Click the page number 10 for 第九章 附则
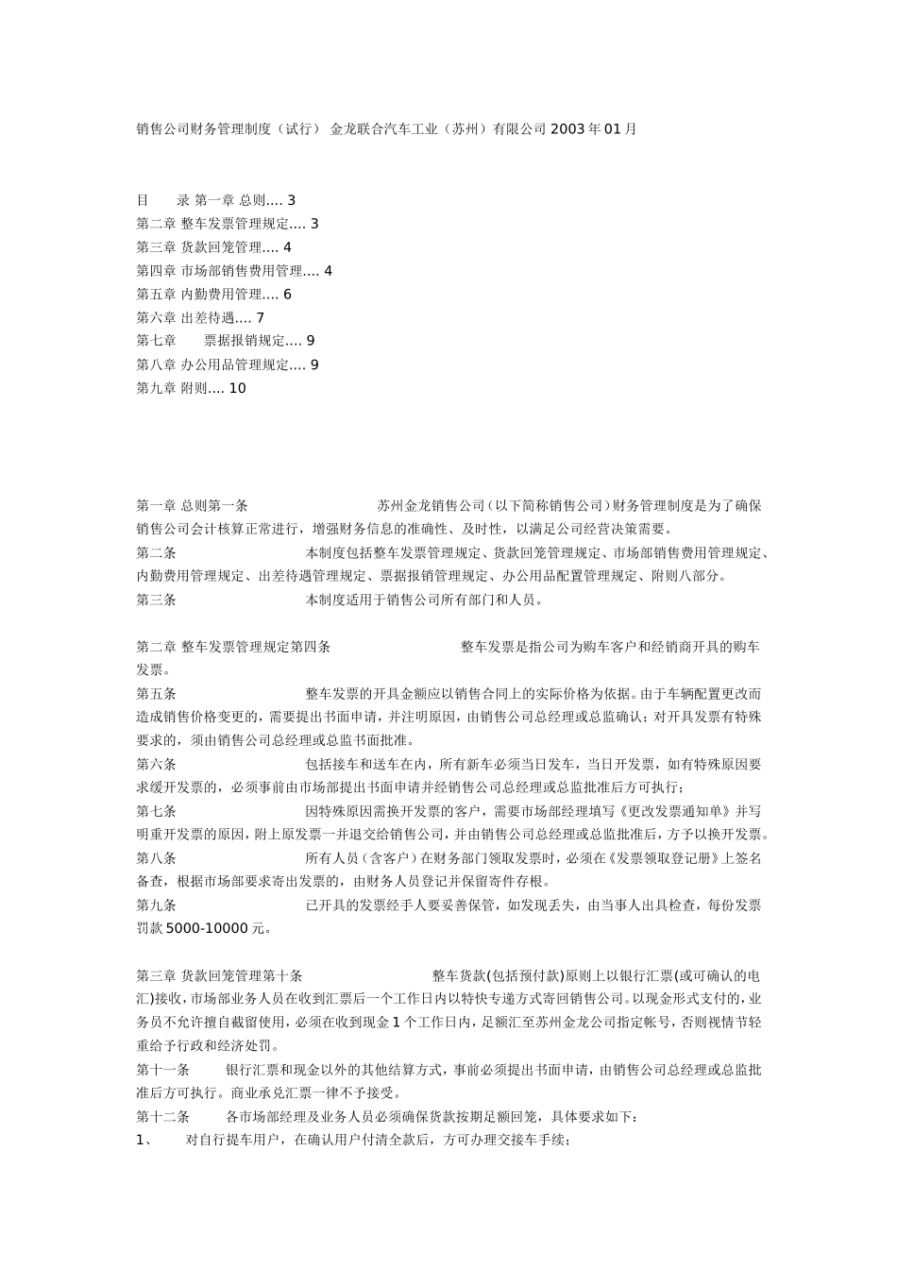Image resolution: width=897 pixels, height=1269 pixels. pyautogui.click(x=237, y=388)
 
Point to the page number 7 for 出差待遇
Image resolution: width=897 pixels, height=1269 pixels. pyautogui.click(x=260, y=318)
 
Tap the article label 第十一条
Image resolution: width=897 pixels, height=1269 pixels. pyautogui.click(x=163, y=1070)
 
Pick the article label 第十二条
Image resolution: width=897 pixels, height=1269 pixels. pyautogui.click(x=163, y=1117)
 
